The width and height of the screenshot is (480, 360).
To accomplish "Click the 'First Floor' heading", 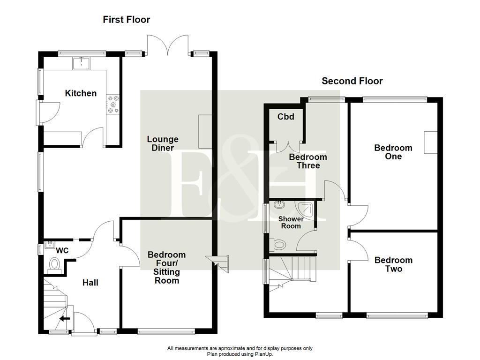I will pos(127,20).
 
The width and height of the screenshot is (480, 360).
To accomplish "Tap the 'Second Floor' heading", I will pos(352,81).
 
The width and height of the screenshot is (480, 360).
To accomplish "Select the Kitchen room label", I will pos(81,93).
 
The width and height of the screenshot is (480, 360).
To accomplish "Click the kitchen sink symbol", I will pos(82,62).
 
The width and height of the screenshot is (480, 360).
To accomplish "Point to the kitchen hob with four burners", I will pos(113,104).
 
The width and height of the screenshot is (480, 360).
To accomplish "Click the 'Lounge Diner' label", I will pos(163,143).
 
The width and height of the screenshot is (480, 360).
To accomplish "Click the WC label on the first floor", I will pos(63,251).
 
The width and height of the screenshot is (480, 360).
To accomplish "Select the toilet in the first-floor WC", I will pos(54,265).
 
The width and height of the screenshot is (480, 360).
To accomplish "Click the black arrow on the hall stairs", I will pos(65,319).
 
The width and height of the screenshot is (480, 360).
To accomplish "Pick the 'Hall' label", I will pos(90,283).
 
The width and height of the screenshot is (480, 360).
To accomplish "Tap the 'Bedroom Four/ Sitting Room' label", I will pos(166,268).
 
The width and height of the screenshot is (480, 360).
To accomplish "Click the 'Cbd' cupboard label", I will pos(286,117).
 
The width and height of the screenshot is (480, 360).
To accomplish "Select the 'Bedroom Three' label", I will pos(307,161).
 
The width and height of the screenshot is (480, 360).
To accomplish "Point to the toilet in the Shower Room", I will pos(278,245).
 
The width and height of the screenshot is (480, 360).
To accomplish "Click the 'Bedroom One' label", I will pos(393,152).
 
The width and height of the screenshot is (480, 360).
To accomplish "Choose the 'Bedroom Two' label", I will pos(393,264).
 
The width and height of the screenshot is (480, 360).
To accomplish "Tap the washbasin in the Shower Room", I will pos(279,205).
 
